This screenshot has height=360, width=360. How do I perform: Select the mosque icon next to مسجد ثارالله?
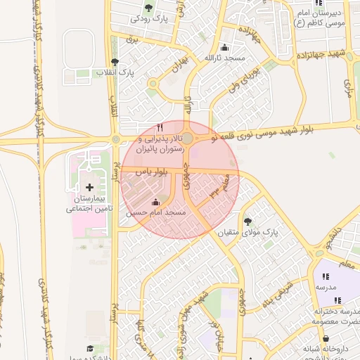click(x=224, y=46)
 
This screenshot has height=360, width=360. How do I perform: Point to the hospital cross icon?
click(x=89, y=187)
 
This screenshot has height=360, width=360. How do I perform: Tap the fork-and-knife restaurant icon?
click(x=160, y=127)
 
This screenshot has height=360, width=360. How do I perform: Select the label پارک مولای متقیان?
click(x=247, y=231)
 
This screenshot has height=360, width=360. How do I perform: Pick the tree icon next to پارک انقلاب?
click(x=114, y=62)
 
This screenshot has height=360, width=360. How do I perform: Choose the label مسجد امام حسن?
click(x=155, y=212)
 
